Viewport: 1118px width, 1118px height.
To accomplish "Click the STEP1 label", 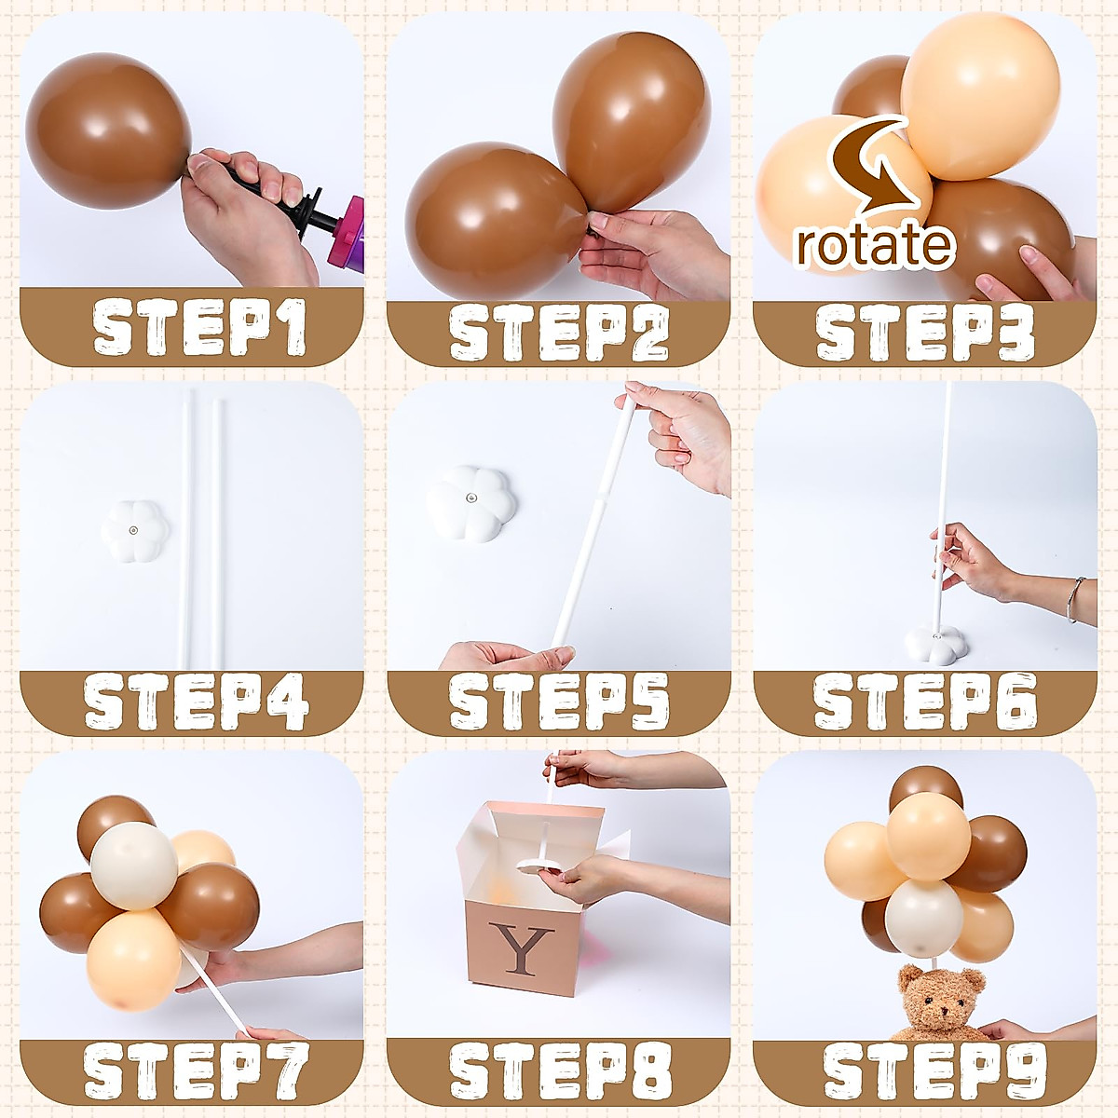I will pos(199,328).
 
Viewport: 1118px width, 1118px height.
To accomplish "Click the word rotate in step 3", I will pos(874,244).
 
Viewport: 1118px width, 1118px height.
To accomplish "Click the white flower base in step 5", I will pos(471,503).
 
